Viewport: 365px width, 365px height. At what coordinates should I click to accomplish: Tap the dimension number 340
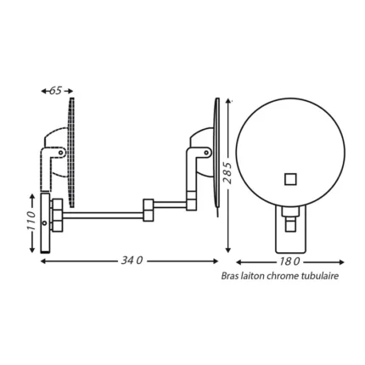point(132,261)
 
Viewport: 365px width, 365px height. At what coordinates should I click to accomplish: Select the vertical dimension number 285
point(228,176)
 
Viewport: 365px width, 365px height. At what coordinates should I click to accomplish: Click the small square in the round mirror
point(289,178)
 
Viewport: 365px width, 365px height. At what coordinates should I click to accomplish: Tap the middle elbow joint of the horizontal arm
point(148,210)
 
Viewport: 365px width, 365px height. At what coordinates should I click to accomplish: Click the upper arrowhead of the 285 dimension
point(228,101)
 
